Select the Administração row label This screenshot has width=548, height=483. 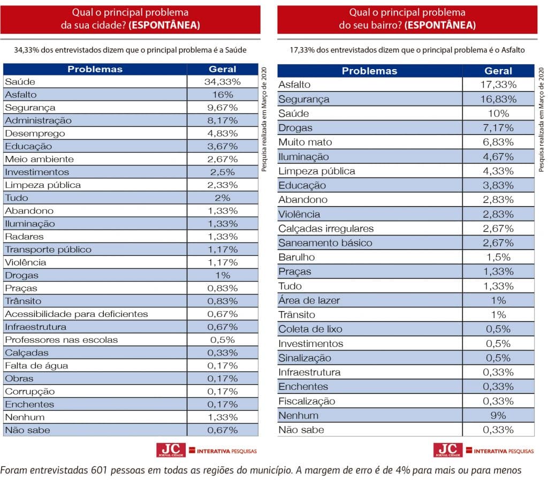38,120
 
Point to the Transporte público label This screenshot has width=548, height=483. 48,250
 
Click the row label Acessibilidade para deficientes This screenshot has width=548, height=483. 77,314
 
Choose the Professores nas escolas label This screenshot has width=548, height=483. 62,339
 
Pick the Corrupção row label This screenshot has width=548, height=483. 30,391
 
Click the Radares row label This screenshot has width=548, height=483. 25,237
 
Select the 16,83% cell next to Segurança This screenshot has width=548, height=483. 498,99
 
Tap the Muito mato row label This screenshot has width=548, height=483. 305,142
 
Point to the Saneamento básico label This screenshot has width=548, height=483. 325,243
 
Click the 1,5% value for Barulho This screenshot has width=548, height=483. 498,257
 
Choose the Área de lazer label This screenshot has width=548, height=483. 309,300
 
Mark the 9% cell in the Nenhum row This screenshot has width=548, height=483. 498,416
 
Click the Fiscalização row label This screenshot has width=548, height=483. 307,401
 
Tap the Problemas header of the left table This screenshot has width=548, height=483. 95,69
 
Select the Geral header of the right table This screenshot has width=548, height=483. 498,71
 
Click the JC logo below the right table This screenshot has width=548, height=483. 448,450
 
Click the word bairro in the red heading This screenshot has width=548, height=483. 385,25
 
